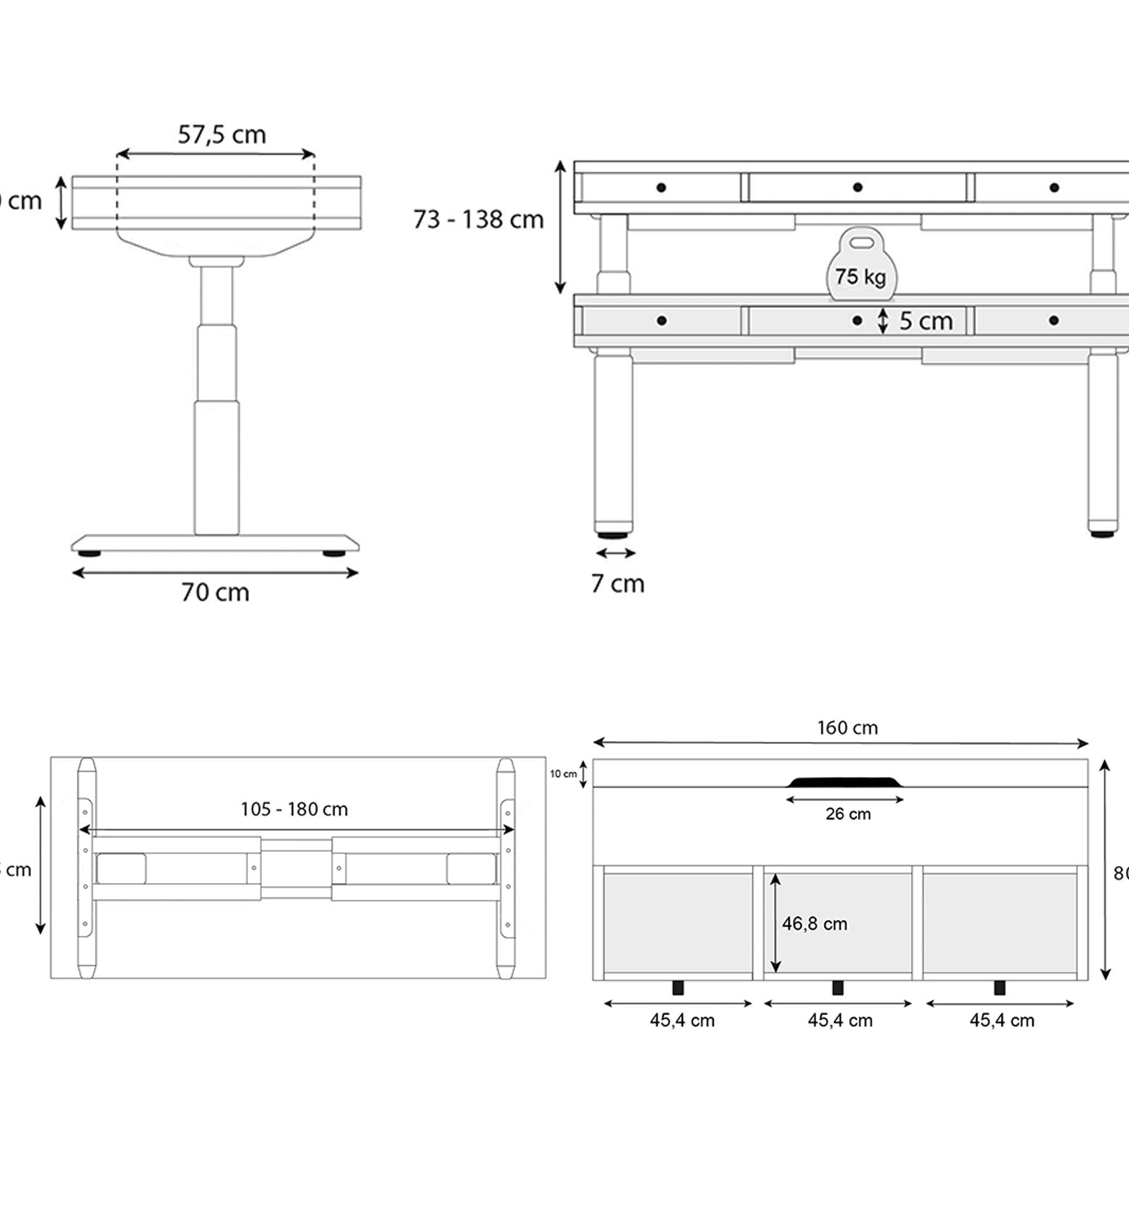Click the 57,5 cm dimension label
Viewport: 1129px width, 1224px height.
coord(222,135)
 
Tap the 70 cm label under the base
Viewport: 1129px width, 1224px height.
coord(215,592)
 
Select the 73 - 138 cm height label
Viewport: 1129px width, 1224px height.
coord(478,220)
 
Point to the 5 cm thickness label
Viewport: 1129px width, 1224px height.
coord(925,321)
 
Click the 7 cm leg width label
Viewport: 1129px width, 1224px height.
coord(617,584)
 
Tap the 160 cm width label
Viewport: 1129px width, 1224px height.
coord(847,728)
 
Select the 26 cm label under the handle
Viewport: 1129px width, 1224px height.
coord(848,814)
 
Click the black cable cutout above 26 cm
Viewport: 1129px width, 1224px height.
coord(844,782)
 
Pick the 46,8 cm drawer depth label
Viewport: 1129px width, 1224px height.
coord(814,924)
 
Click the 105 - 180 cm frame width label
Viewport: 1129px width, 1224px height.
coord(294,809)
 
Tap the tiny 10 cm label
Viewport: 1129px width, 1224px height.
coord(563,774)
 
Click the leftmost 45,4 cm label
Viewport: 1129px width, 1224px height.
coord(682,1020)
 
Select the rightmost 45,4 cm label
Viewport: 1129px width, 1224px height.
coord(1002,1020)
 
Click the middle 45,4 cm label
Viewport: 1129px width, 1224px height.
coord(840,1020)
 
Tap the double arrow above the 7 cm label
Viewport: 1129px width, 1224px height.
coord(616,553)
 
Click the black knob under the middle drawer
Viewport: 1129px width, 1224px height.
coord(838,987)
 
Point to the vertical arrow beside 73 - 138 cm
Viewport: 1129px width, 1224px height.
coord(560,227)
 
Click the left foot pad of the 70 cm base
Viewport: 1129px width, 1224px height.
coord(89,553)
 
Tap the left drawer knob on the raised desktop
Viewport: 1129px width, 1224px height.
coord(661,187)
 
